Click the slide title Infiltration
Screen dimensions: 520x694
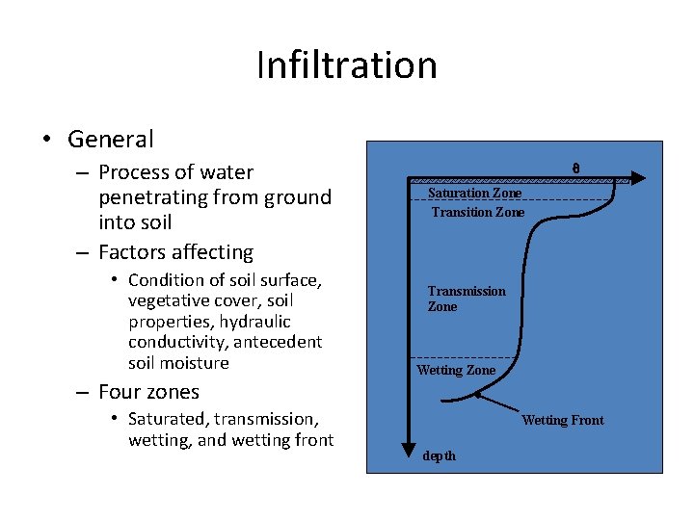pyautogui.click(x=347, y=65)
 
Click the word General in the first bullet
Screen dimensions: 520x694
pyautogui.click(x=111, y=140)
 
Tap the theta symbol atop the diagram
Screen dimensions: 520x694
pyautogui.click(x=575, y=168)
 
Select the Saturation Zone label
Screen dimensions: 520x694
pyautogui.click(x=474, y=194)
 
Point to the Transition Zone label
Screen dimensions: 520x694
pyautogui.click(x=477, y=212)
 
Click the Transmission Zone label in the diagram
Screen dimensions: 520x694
pyautogui.click(x=466, y=299)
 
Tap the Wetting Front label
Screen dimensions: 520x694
pyautogui.click(x=562, y=420)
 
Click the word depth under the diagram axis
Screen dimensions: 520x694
pyautogui.click(x=440, y=455)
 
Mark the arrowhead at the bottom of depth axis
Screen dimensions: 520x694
pyautogui.click(x=411, y=444)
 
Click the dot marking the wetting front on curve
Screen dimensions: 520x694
pyautogui.click(x=477, y=395)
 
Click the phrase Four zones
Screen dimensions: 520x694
pyautogui.click(x=148, y=392)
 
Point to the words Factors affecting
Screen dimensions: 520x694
pyautogui.click(x=175, y=252)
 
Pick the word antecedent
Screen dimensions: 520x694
pyautogui.click(x=279, y=342)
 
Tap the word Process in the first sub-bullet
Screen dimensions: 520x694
pyautogui.click(x=134, y=172)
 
